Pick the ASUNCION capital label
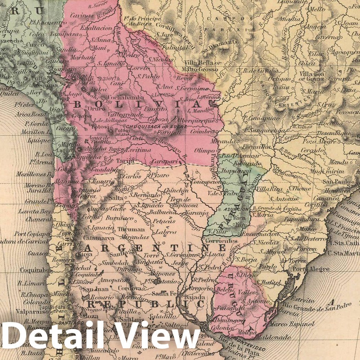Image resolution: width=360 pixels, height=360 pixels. (x=237, y=209)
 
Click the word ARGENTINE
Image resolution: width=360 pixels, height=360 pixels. (x=153, y=248)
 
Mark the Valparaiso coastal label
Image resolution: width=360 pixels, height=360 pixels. (x=31, y=312)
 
